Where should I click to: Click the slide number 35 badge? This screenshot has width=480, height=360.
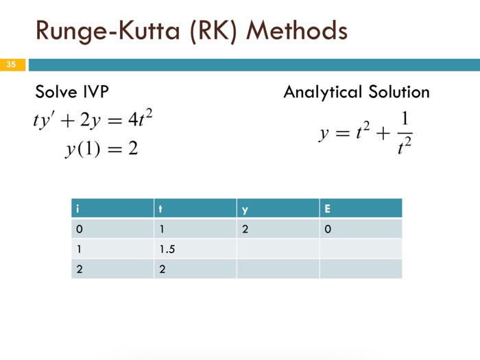12,65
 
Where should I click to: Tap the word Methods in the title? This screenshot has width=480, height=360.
296,31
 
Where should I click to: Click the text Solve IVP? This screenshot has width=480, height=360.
71,93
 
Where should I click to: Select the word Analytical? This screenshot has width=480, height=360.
322,93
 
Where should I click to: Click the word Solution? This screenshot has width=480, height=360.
398,93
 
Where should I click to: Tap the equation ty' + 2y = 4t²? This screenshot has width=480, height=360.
93,122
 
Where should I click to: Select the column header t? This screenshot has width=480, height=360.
160,208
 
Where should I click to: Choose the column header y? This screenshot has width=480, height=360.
243,208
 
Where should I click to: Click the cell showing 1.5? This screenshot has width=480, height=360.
167,249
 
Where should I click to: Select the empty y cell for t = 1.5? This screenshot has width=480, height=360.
278,249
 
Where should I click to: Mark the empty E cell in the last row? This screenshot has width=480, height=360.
360,269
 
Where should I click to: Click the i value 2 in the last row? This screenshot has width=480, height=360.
79,269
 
